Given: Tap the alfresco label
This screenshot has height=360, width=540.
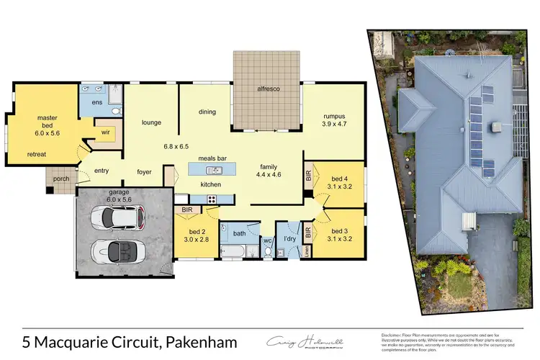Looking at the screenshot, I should point(268,88).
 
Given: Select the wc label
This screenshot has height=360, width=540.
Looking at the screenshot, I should point(266,240).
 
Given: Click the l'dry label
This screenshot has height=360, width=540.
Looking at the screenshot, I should point(290,238).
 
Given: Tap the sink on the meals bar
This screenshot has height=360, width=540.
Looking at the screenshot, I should point(213,171).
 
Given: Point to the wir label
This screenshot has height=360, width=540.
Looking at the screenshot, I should point(104,132).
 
